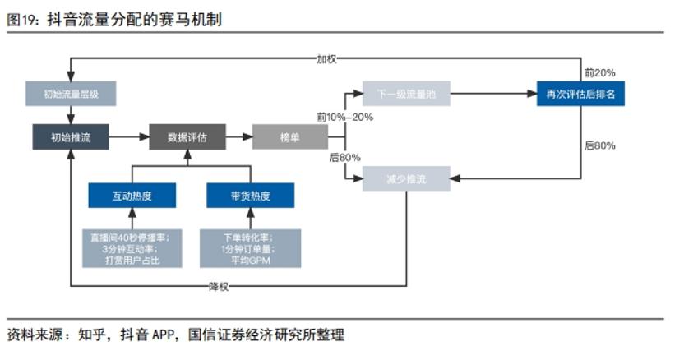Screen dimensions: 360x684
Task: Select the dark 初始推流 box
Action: (x=71, y=137)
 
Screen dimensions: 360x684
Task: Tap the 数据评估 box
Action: (x=187, y=137)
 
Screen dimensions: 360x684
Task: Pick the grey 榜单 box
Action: (x=289, y=137)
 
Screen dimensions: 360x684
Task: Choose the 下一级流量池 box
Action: (x=406, y=95)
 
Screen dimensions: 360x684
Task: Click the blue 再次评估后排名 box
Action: (x=580, y=95)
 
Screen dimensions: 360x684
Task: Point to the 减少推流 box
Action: (x=406, y=178)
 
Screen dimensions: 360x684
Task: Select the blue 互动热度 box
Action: (x=132, y=196)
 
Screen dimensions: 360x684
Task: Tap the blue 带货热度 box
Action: (x=250, y=196)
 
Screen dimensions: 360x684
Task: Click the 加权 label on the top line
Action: (x=326, y=58)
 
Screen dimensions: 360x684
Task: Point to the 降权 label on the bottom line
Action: (x=218, y=287)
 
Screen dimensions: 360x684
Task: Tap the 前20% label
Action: (x=599, y=73)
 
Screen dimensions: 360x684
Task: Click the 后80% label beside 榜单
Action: (x=345, y=157)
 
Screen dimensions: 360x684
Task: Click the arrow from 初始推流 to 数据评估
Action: (x=129, y=137)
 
